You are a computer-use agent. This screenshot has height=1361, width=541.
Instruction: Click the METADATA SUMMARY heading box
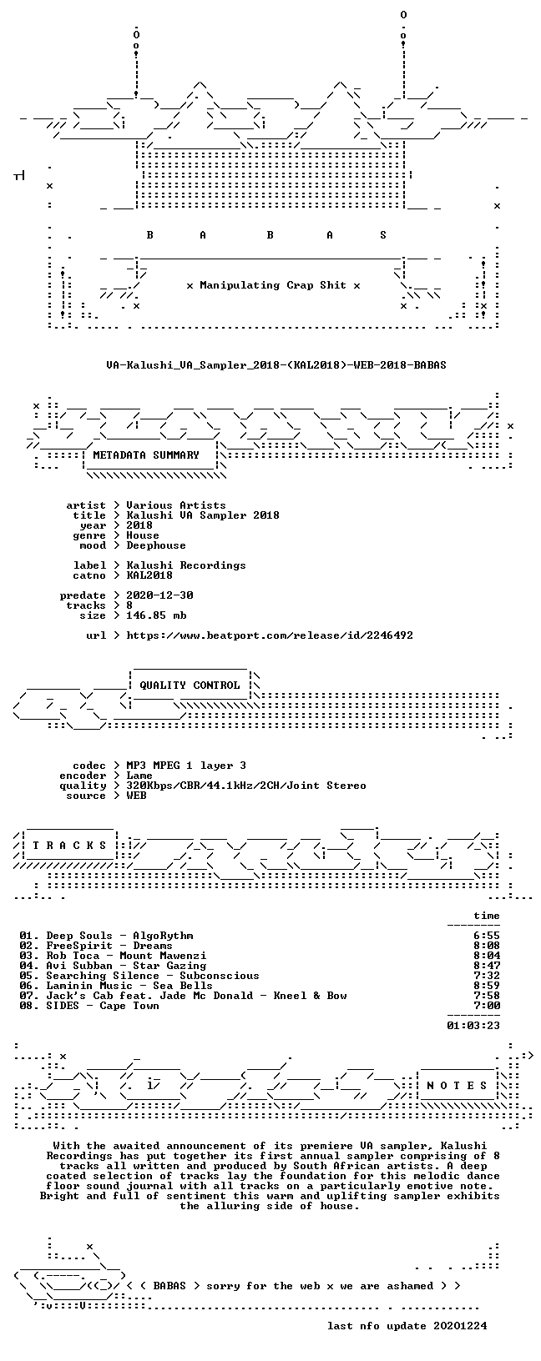click(146, 455)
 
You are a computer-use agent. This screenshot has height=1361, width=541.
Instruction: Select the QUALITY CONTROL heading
click(190, 686)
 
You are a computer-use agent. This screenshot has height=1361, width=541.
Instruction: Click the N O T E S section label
click(457, 1085)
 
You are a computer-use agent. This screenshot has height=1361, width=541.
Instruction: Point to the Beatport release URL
click(270, 635)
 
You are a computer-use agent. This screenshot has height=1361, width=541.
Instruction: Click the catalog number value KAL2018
click(149, 575)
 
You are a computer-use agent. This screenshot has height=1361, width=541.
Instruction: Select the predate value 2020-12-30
click(159, 595)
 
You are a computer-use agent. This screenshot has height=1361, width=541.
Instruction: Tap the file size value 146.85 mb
click(156, 615)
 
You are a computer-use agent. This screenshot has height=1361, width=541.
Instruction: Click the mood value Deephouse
click(156, 545)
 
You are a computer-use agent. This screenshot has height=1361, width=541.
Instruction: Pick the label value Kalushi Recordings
click(186, 565)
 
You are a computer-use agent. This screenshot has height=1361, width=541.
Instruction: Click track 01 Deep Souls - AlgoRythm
click(106, 936)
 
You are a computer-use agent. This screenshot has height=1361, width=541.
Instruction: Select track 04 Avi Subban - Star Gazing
click(113, 966)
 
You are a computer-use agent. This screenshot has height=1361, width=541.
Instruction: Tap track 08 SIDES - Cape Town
click(88, 1006)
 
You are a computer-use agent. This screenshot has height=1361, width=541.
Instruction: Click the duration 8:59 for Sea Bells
click(487, 986)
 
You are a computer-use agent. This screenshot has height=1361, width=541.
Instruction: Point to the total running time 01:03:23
click(473, 1026)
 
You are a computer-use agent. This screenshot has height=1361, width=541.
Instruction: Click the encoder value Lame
click(139, 776)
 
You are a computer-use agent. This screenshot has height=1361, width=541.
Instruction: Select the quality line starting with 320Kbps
click(245, 786)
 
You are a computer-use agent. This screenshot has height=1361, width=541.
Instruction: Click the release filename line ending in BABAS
click(276, 365)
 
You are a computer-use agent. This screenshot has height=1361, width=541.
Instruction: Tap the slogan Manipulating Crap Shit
click(273, 285)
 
